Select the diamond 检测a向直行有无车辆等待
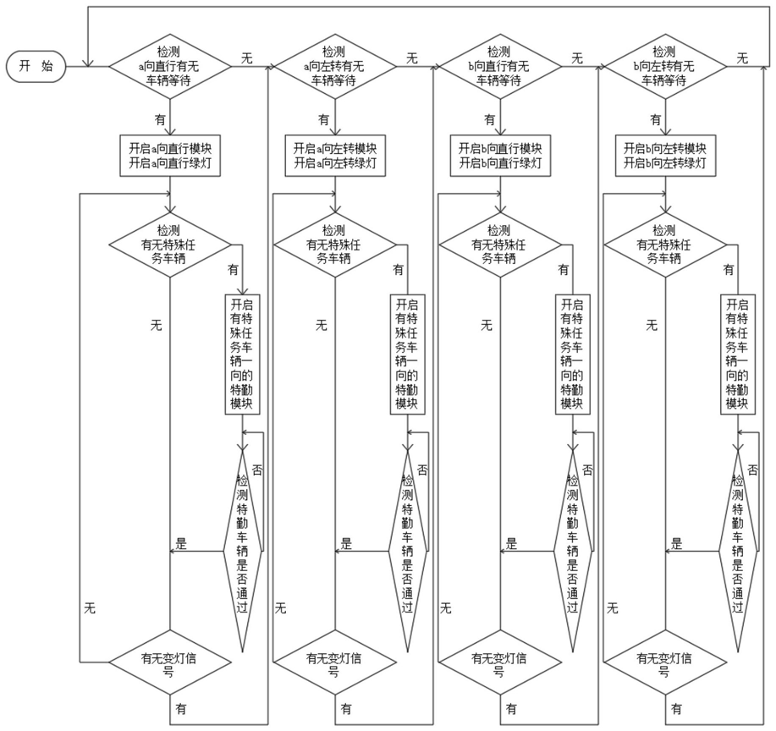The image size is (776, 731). (169, 66)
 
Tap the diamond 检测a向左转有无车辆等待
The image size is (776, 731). (334, 66)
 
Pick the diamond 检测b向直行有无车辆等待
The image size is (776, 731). (499, 66)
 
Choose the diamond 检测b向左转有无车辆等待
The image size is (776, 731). (664, 66)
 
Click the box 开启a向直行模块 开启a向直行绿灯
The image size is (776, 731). (169, 155)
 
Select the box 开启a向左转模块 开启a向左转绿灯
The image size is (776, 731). (334, 155)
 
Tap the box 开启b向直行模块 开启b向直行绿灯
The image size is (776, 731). (499, 155)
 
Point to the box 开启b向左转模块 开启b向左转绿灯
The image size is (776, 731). (664, 155)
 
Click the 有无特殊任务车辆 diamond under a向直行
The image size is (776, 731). (169, 245)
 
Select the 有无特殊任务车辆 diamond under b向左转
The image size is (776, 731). (664, 245)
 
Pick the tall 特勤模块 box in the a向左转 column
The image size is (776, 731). (406, 353)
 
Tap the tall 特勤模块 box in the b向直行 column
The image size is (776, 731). (571, 353)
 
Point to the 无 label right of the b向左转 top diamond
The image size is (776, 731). (742, 58)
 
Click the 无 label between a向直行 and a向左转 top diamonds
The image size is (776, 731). (247, 58)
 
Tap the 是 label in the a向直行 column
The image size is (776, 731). (181, 542)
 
